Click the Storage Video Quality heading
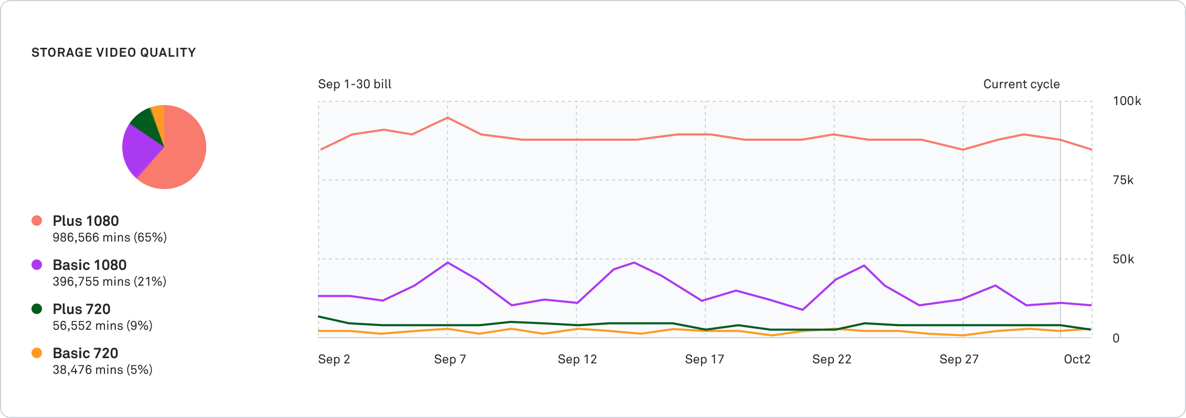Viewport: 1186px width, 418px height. (x=113, y=53)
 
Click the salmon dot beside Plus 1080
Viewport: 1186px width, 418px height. (x=37, y=221)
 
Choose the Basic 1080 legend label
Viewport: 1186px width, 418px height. (x=89, y=265)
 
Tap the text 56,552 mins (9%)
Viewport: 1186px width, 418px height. (x=102, y=326)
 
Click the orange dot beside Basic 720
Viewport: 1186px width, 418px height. (x=37, y=353)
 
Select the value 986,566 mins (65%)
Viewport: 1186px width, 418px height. (x=110, y=237)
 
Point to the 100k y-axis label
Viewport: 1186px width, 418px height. (x=1127, y=101)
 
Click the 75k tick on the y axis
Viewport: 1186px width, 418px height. (x=1123, y=180)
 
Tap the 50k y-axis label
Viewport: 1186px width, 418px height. (x=1123, y=259)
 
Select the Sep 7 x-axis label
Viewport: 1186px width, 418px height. (x=450, y=359)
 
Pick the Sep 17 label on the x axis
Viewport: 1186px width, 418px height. (x=704, y=359)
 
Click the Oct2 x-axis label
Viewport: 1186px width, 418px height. (x=1077, y=359)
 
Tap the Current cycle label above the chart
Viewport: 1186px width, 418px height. (x=1021, y=84)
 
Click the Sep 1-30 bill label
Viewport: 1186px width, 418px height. (x=355, y=84)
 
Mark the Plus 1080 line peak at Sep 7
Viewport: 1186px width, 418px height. (x=447, y=118)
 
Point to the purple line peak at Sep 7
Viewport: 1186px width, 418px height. (x=447, y=262)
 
